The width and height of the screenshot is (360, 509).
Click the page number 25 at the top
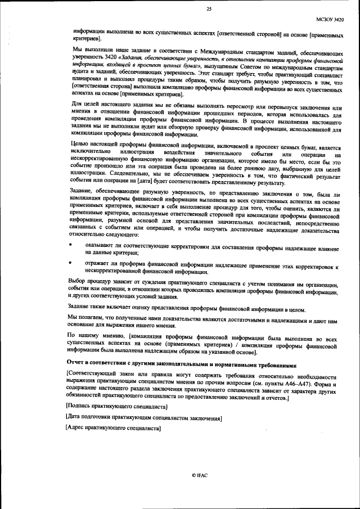(x=209, y=9)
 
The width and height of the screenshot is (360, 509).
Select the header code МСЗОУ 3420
(x=326, y=20)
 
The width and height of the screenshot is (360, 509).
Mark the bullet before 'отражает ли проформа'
(x=70, y=263)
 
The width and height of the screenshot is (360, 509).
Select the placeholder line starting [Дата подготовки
(x=144, y=418)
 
